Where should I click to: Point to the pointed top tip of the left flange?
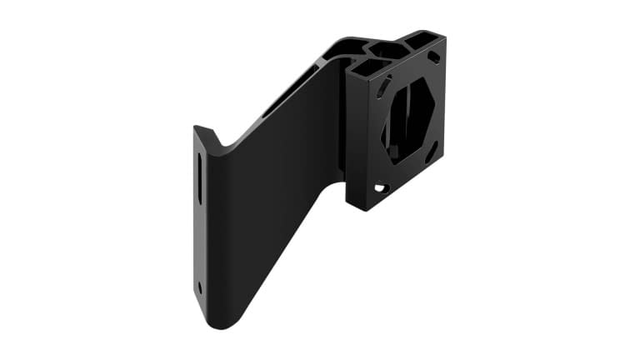pos(197,128)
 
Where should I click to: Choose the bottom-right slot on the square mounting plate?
pos(432,152)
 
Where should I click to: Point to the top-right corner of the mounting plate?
pos(443,35)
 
